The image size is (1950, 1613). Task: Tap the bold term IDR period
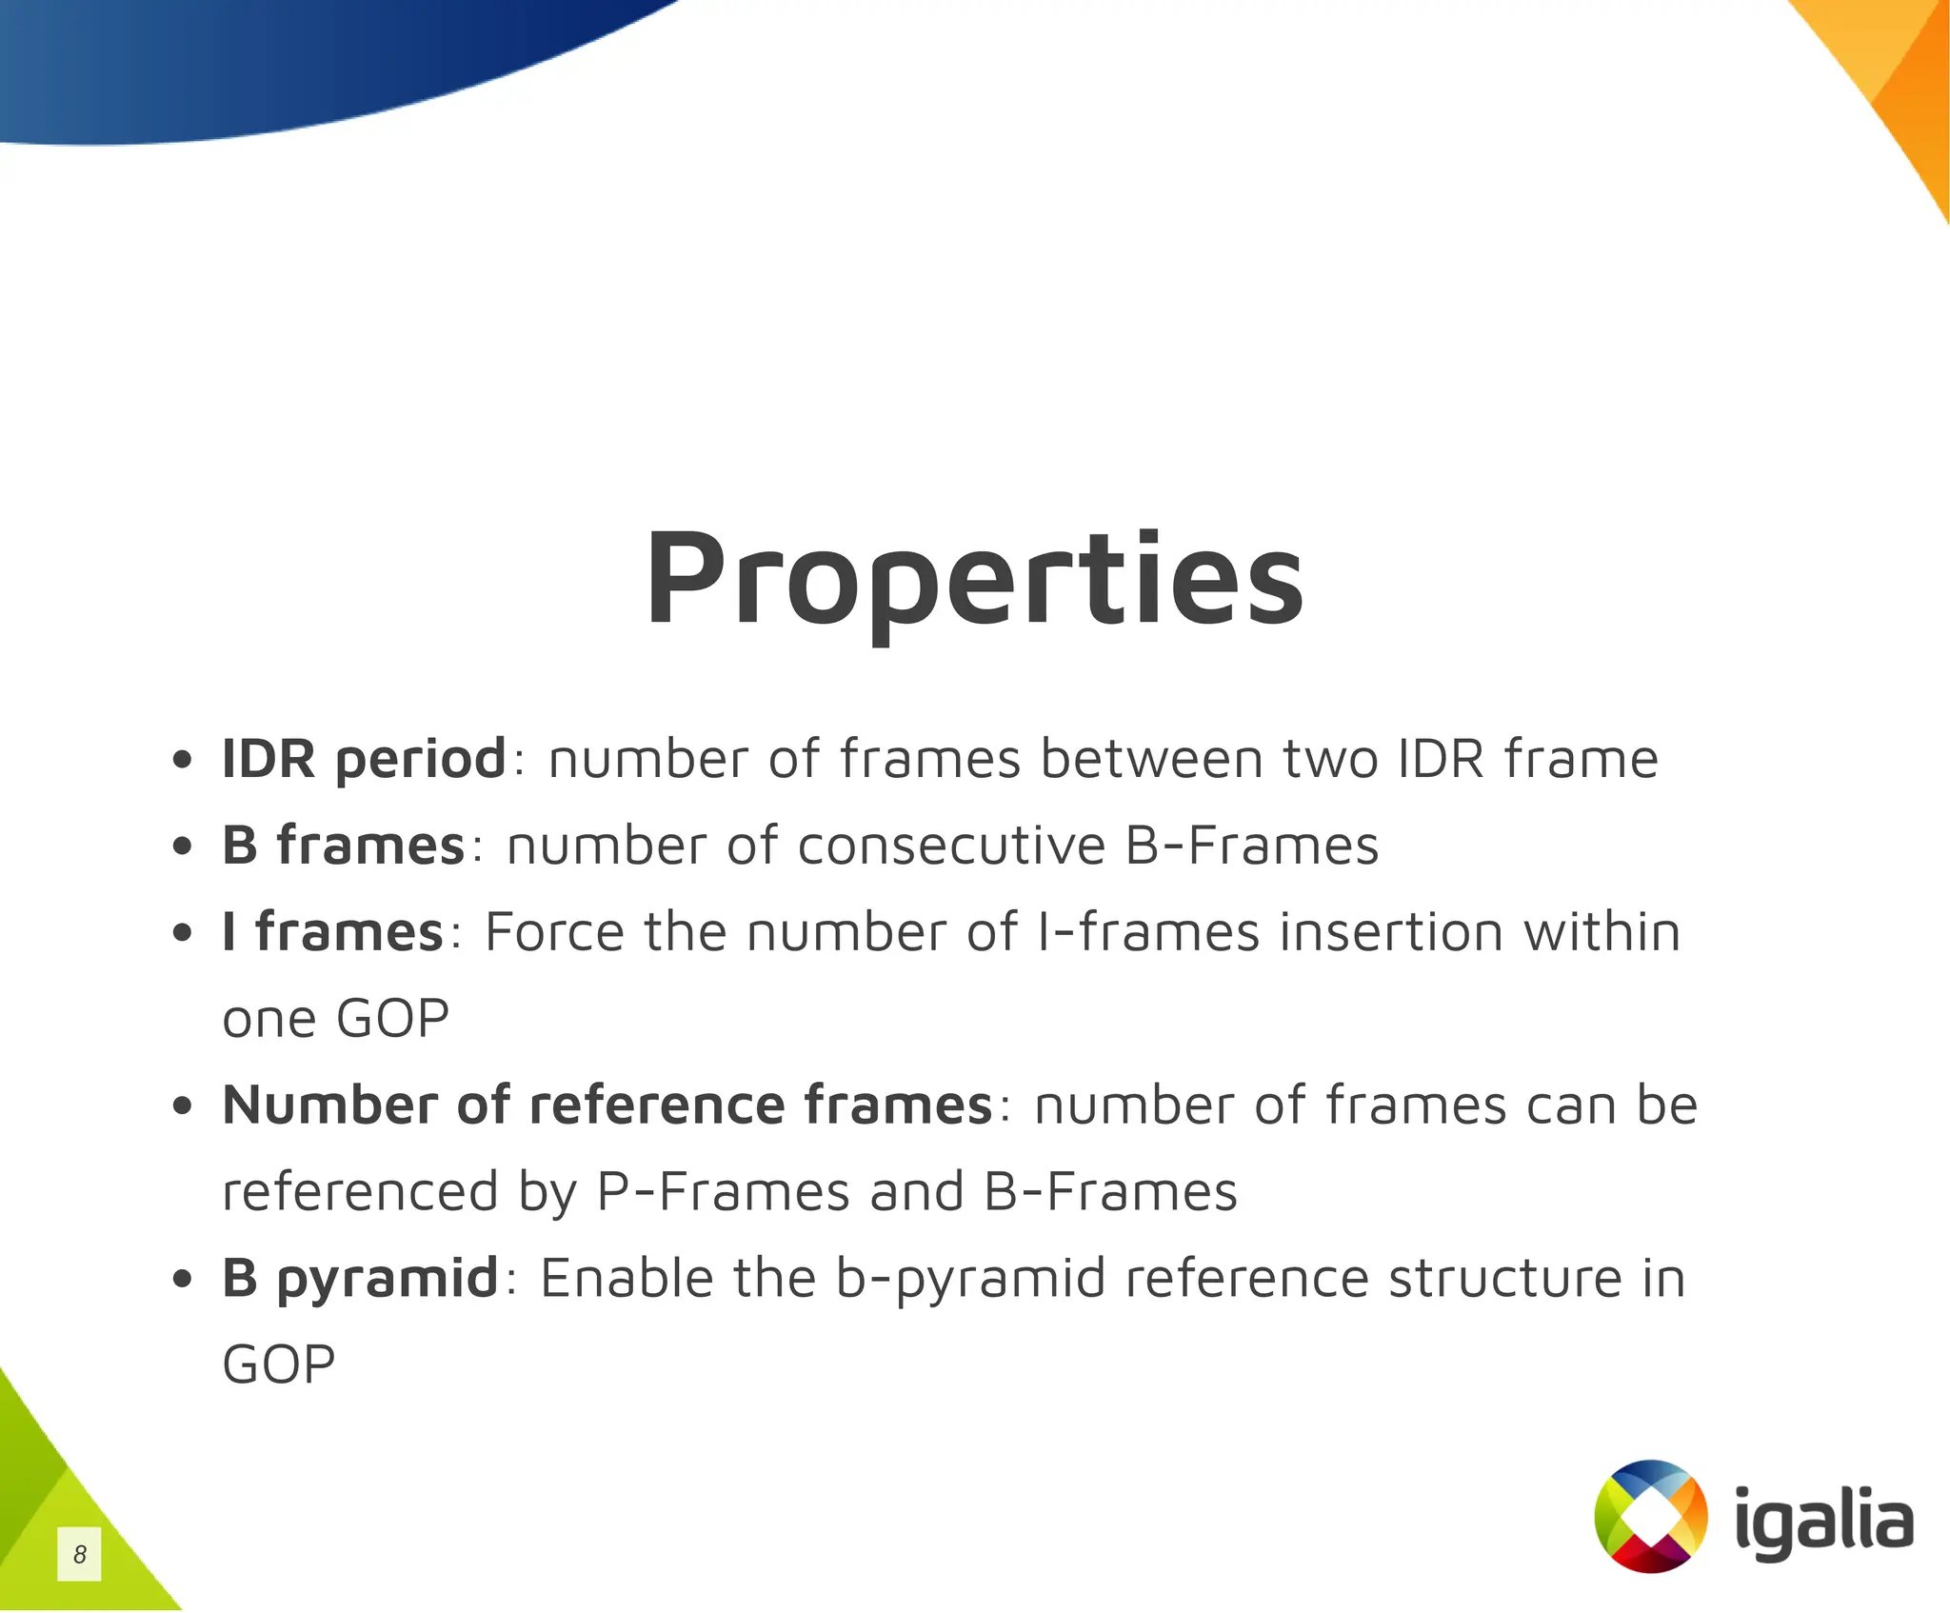point(364,760)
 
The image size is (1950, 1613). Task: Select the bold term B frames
point(343,846)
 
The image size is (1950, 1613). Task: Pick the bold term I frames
point(332,932)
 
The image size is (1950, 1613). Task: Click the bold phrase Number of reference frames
point(607,1105)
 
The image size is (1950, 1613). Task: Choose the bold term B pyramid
point(360,1278)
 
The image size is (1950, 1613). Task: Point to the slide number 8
point(80,1555)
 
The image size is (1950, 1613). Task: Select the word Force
point(554,932)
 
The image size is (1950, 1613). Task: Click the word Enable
point(627,1278)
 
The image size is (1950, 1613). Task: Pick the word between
point(1151,760)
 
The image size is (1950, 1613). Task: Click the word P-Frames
point(723,1192)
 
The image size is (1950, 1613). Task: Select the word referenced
point(360,1192)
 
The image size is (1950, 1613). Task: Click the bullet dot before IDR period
point(183,761)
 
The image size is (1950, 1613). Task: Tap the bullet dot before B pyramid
point(183,1280)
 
